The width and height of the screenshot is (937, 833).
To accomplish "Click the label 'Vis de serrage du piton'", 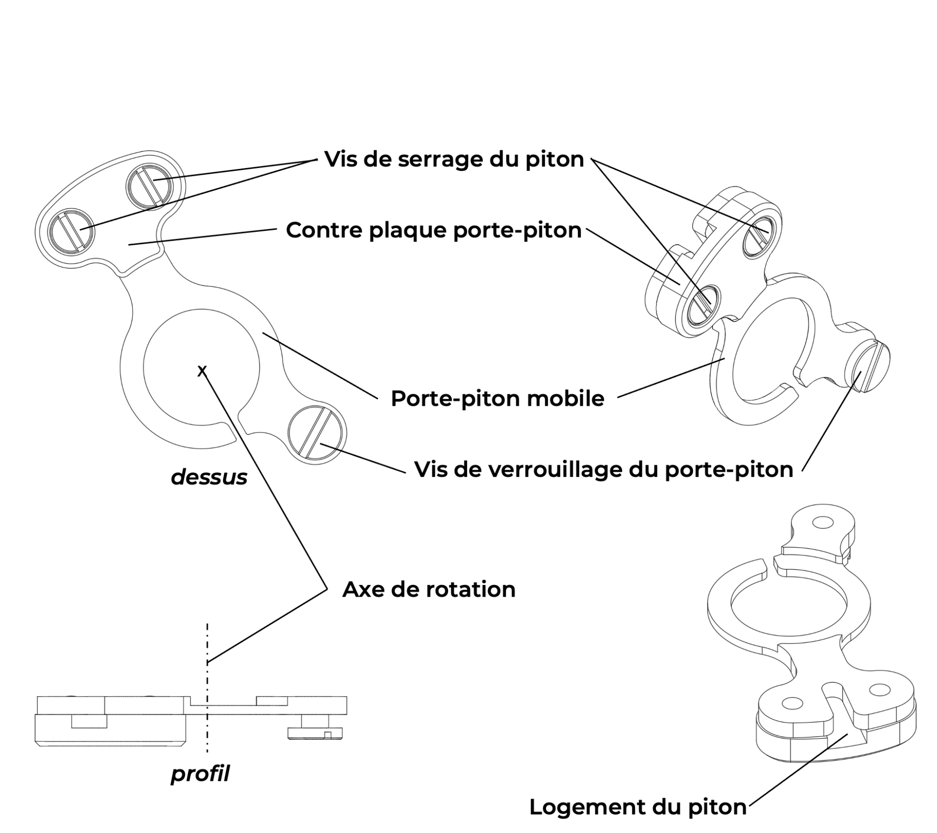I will tap(454, 160).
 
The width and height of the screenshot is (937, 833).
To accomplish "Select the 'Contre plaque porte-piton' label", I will tap(433, 230).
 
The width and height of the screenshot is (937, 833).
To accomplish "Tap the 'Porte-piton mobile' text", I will tap(497, 398).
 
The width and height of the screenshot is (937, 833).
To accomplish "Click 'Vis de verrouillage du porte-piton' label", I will tap(603, 469).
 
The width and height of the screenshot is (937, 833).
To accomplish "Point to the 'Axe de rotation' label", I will tap(428, 589).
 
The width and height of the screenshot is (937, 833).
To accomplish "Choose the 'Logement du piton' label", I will tap(637, 807).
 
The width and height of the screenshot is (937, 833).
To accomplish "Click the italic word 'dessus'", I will tap(209, 477).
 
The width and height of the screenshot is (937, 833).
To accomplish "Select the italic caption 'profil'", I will tap(200, 773).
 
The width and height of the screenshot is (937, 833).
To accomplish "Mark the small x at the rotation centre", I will tap(202, 371).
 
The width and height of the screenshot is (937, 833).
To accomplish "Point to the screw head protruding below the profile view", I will tap(316, 732).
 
